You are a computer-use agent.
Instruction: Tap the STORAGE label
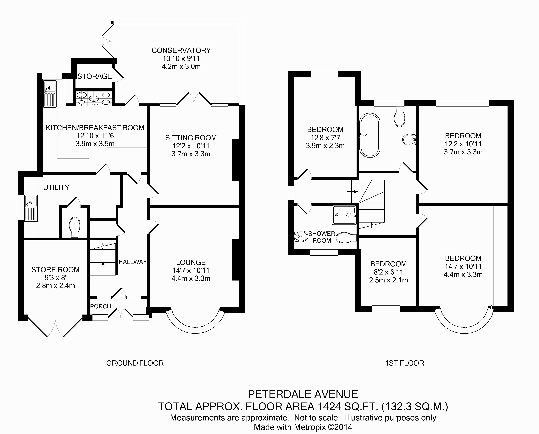coord(95,76)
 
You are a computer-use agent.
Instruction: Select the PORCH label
coord(101,306)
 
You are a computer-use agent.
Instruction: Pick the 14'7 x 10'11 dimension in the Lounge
coord(191,270)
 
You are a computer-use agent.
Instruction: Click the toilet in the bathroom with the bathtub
coord(399,117)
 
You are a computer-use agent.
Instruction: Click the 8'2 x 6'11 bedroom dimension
coord(388,272)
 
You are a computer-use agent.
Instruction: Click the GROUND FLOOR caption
coord(135,363)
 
